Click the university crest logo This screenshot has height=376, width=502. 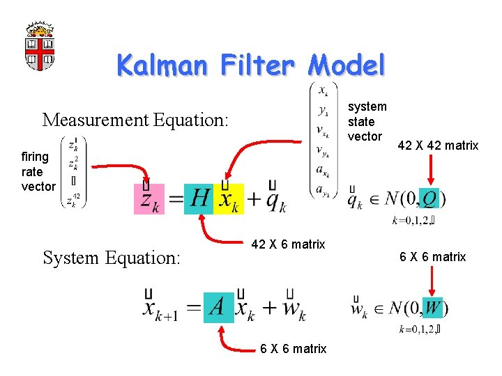pyautogui.click(x=40, y=46)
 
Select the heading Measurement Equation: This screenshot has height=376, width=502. pyautogui.click(x=135, y=120)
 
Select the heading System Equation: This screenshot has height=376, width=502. pyautogui.click(x=112, y=258)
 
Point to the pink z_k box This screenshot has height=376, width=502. pyautogui.click(x=149, y=199)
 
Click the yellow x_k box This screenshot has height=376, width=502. pyautogui.click(x=229, y=199)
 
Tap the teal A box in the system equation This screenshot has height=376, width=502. pyautogui.click(x=218, y=306)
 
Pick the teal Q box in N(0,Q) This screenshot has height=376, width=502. pyautogui.click(x=431, y=199)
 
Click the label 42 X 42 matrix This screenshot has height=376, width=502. pyautogui.click(x=438, y=146)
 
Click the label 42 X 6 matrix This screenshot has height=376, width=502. pyautogui.click(x=288, y=244)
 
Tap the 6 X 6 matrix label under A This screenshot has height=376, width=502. pyautogui.click(x=293, y=349)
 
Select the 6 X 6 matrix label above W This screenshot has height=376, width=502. pyautogui.click(x=432, y=257)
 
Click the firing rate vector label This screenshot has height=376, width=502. pyautogui.click(x=38, y=171)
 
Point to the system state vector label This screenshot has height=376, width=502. pyautogui.click(x=367, y=121)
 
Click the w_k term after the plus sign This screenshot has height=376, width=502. pyautogui.click(x=292, y=307)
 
